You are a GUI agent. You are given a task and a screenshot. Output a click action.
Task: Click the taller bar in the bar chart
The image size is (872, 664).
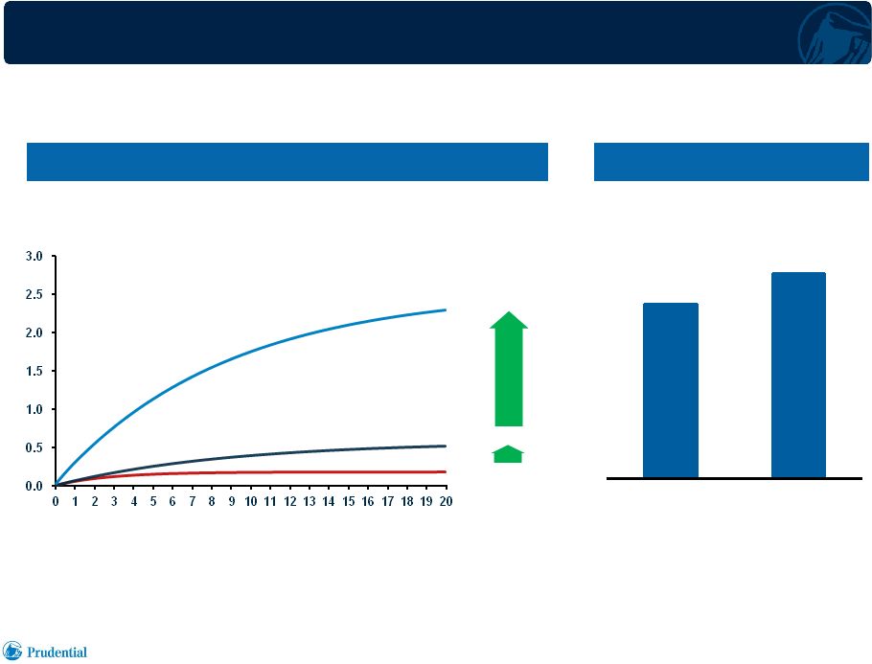798,375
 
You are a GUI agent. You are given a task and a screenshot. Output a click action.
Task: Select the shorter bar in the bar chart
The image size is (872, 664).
671,390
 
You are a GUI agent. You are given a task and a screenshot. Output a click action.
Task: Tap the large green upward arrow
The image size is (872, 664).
509,369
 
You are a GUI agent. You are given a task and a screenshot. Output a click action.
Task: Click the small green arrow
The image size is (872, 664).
508,454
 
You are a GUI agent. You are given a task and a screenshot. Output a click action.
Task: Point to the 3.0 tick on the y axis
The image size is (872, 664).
34,257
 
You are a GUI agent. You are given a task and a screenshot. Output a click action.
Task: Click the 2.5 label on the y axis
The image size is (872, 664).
34,295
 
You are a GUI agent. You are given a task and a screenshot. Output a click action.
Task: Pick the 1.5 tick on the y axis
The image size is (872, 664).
34,372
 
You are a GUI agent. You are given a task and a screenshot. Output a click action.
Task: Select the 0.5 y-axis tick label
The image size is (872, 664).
34,448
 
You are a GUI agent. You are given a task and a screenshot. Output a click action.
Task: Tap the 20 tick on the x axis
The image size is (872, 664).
446,502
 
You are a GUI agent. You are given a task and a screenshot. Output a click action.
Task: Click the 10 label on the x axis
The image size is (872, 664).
251,502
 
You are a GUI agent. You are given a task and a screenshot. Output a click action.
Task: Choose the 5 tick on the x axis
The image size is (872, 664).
153,502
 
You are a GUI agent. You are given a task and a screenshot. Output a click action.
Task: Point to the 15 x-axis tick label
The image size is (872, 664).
348,502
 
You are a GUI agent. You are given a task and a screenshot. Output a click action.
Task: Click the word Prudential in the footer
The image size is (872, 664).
57,653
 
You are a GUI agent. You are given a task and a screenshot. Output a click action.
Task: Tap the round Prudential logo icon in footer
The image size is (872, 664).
12,651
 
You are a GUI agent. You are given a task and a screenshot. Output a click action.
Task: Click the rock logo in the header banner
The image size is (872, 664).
835,34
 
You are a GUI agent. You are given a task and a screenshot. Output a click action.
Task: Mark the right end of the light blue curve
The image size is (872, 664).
446,309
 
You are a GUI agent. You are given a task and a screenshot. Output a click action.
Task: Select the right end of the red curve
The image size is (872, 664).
446,471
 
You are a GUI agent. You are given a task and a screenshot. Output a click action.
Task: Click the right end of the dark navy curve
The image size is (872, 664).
446,446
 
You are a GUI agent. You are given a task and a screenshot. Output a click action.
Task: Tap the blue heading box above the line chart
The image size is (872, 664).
287,162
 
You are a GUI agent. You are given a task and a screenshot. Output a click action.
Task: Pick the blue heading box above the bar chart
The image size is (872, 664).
731,162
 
